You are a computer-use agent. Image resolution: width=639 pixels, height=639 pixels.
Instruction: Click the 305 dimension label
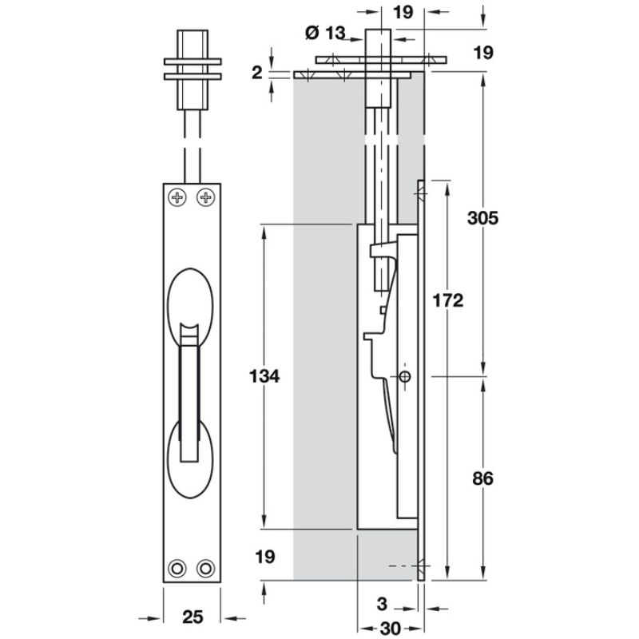coord(483,218)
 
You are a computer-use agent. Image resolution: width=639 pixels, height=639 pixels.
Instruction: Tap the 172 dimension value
coord(448,300)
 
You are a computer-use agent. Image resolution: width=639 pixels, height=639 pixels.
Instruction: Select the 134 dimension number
coord(264,376)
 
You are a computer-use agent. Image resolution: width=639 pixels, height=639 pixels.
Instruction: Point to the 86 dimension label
coord(483,478)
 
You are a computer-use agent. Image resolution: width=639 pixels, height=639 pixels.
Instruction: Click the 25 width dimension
coord(192,617)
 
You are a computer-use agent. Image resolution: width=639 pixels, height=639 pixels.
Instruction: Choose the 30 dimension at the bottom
coord(391,628)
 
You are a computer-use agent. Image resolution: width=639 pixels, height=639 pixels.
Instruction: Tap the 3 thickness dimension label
coord(382,604)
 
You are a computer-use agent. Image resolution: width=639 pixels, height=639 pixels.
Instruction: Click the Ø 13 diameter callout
coord(325,33)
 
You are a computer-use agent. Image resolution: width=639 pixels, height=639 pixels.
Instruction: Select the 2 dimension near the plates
coord(256,73)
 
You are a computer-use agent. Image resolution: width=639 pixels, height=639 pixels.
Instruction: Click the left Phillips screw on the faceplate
coord(177,197)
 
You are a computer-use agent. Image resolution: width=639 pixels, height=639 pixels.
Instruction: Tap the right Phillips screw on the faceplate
coord(206,197)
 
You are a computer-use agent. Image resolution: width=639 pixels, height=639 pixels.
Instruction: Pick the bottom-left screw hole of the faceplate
coord(177,568)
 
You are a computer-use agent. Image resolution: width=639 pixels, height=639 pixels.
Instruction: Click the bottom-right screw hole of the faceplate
coord(206,568)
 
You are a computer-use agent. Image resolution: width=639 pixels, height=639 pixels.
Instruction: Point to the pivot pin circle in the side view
coord(405,376)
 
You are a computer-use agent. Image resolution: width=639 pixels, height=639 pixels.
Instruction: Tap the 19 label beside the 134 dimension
coord(265,557)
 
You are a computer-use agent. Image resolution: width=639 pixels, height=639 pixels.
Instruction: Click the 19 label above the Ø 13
coord(403,12)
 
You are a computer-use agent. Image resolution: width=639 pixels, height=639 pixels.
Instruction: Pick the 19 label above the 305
coord(483,53)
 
